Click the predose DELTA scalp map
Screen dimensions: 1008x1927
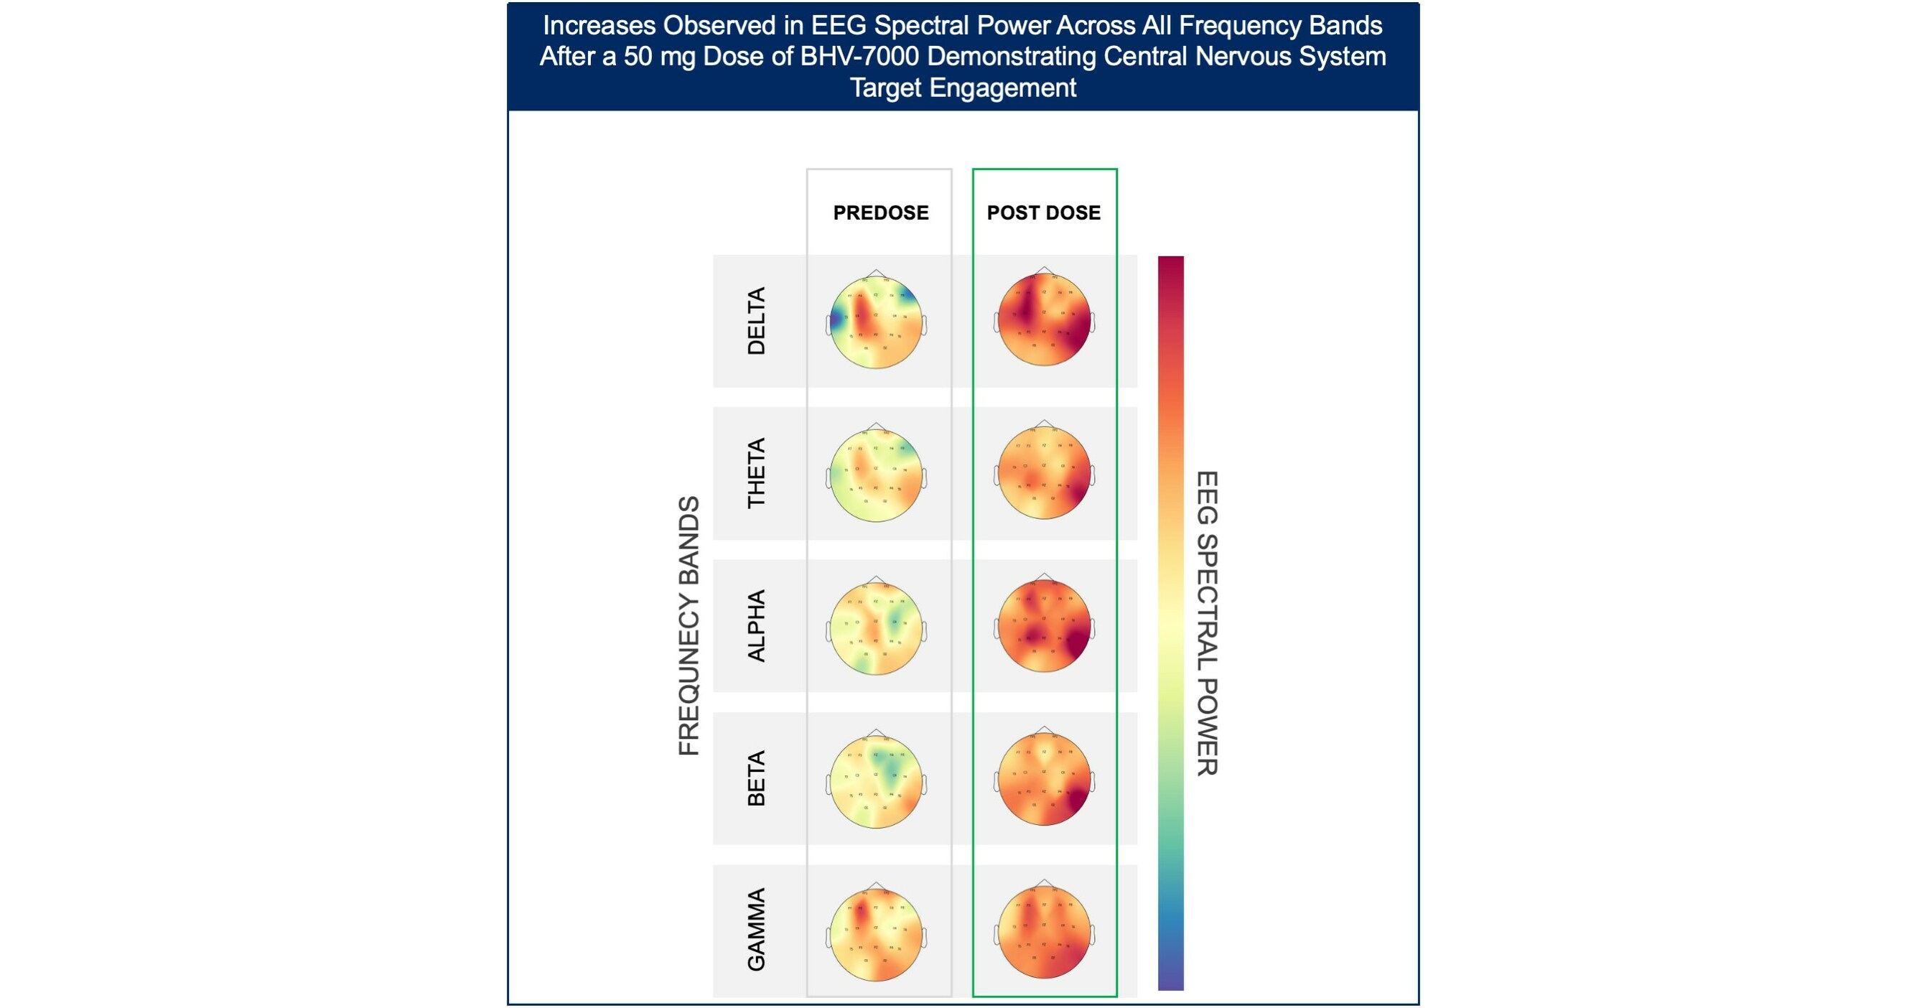876,322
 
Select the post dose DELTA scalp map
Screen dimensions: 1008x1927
1045,320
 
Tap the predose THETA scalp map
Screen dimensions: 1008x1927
876,475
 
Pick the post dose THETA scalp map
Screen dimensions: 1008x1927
1045,472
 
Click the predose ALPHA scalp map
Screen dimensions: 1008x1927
876,628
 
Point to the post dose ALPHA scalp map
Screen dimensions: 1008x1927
1045,626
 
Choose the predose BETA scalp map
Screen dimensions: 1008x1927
876,781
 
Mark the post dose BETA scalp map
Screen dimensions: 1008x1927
1045,778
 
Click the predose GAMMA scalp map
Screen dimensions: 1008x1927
876,934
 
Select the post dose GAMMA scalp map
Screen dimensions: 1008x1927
1045,932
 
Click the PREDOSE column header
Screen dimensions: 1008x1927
880,213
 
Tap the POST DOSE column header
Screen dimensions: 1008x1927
1043,213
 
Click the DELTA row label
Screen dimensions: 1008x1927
756,321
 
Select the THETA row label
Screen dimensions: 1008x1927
756,473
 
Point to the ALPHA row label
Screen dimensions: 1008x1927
756,626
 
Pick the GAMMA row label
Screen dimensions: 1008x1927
756,930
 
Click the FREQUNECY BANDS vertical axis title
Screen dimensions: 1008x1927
689,626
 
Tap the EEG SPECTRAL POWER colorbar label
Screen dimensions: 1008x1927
1207,623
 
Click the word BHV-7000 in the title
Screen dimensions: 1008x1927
859,57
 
